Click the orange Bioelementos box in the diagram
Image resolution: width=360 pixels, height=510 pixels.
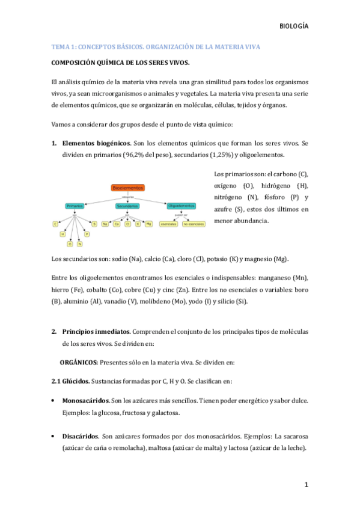pyautogui.click(x=128, y=188)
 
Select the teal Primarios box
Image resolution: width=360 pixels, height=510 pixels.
pyautogui.click(x=75, y=206)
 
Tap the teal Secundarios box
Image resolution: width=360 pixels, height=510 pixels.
pyautogui.click(x=127, y=206)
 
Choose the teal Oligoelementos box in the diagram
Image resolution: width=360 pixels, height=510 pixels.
pyautogui.click(x=181, y=206)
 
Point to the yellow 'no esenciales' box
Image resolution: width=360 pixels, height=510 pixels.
pyautogui.click(x=194, y=224)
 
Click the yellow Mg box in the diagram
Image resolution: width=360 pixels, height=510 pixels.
pyautogui.click(x=148, y=224)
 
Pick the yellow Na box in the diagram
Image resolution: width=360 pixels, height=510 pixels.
pyautogui.click(x=105, y=224)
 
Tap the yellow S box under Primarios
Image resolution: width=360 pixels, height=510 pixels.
pyautogui.click(x=94, y=224)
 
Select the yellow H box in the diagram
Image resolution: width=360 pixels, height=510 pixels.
pyautogui.click(x=63, y=234)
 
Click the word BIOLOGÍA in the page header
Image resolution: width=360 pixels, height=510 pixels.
pyautogui.click(x=295, y=26)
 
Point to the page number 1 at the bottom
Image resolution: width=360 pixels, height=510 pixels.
pyautogui.click(x=306, y=485)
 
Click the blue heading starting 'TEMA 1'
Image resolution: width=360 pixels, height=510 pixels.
pyautogui.click(x=155, y=46)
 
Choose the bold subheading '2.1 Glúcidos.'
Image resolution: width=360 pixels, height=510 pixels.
pyautogui.click(x=70, y=382)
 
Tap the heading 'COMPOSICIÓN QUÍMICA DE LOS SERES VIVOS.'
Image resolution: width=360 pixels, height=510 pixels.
pyautogui.click(x=121, y=63)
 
